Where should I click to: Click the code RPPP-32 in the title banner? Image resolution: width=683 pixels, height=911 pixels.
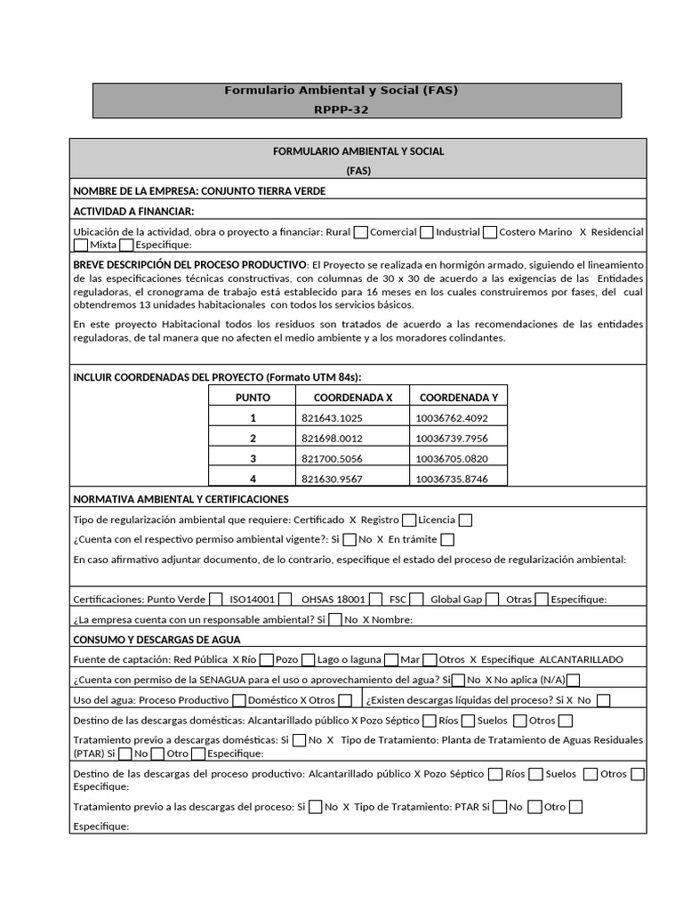341,109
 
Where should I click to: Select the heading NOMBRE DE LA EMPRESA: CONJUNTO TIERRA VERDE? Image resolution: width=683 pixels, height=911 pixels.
199,191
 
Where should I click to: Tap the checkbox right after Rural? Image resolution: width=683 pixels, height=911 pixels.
360,232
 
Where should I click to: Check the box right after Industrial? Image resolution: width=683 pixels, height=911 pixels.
489,232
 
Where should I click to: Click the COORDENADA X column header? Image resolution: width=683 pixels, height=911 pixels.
353,398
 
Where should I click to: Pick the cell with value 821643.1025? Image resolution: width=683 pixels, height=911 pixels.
332,418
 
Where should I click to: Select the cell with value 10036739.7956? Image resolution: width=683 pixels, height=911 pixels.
451,439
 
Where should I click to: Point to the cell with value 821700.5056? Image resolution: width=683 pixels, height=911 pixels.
332,459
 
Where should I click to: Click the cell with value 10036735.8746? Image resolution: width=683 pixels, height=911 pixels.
451,479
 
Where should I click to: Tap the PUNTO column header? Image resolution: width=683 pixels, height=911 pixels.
253,398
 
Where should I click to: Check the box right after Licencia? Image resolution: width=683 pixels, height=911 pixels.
465,520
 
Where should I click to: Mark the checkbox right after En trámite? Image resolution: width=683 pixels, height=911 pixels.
447,539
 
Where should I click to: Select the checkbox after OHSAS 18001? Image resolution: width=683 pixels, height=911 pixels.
375,600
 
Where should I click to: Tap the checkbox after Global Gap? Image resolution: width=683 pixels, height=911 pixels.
493,600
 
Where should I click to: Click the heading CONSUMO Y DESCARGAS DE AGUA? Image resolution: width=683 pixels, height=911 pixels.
157,640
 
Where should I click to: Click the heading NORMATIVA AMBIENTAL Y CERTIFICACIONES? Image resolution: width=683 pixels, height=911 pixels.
181,499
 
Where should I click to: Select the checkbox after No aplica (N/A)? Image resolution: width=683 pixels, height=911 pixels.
573,681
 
